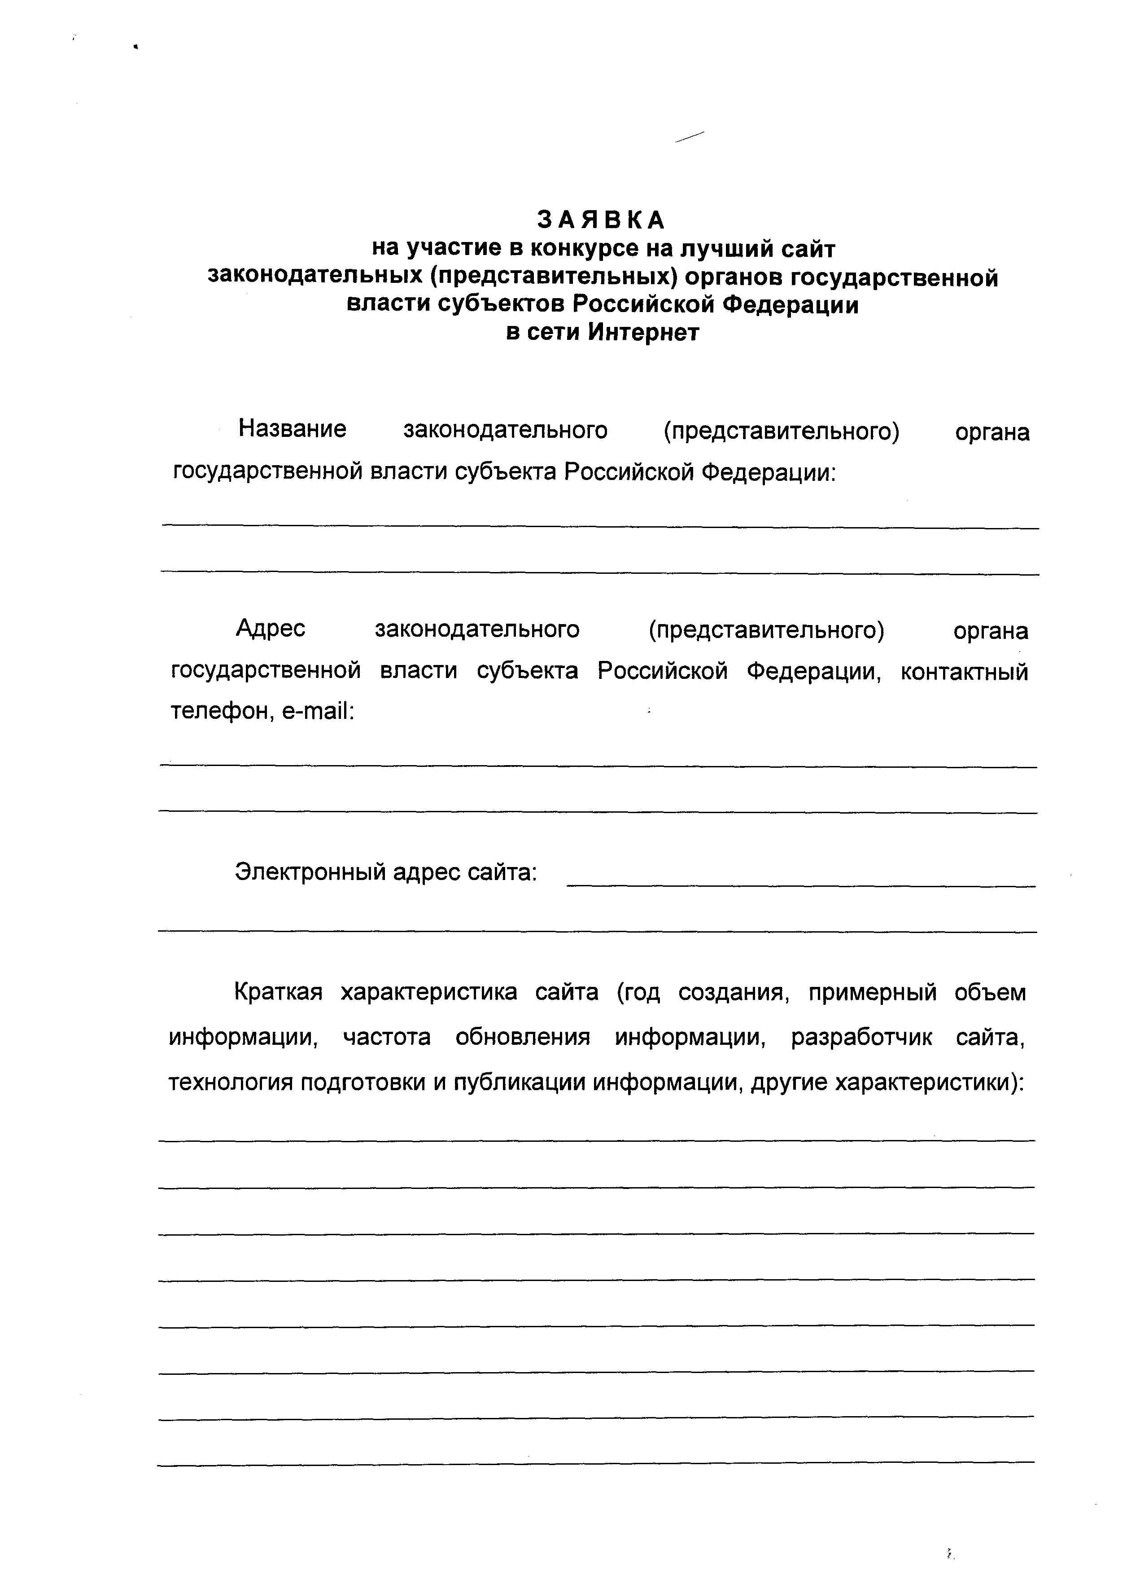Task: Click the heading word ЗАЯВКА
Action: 601,220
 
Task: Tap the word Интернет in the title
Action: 643,332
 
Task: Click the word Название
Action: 292,428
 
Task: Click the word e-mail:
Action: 319,712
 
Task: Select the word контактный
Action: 964,671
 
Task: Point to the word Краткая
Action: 278,992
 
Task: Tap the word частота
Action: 387,1037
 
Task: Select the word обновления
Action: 522,1037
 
